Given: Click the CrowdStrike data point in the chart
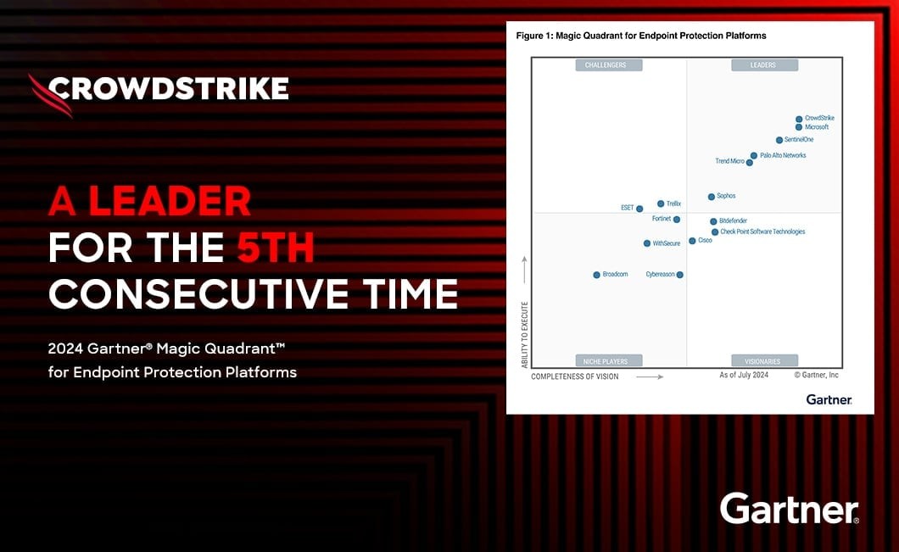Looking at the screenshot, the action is [x=799, y=120].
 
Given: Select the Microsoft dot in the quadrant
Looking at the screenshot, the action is [x=799, y=127].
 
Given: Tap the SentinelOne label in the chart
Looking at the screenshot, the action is [x=799, y=139].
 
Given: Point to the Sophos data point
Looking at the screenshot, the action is [x=711, y=197].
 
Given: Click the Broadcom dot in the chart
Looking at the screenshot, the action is [x=596, y=275].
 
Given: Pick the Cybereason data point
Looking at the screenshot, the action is [x=679, y=275].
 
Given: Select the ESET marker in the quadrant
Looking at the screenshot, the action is [x=639, y=209].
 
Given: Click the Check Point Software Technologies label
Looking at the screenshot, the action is [x=762, y=231].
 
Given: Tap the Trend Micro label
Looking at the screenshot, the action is [x=730, y=161].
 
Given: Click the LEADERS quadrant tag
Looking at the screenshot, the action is [x=764, y=64].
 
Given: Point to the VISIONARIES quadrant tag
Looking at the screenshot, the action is [x=764, y=360].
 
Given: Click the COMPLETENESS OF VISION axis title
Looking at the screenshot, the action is [x=574, y=376].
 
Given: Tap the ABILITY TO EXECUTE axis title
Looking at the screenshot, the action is [x=525, y=335].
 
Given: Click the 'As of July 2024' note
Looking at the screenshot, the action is [x=744, y=375].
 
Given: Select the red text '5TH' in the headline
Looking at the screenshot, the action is [x=276, y=248].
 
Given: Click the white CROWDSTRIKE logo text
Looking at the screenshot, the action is [x=169, y=89].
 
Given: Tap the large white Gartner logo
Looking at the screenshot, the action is [x=789, y=509].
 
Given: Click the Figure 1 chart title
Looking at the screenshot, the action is [x=641, y=36].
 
